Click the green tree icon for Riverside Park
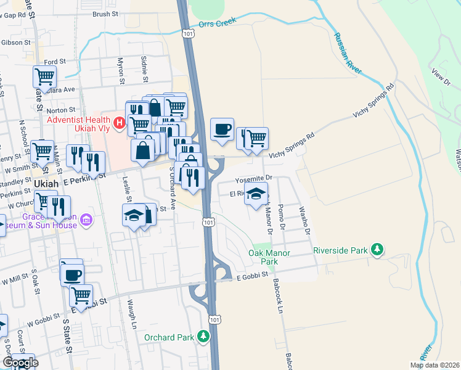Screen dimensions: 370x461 pyautogui.click(x=377, y=250)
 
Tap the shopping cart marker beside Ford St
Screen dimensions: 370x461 pyautogui.click(x=45, y=77)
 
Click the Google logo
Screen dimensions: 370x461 pyautogui.click(x=20, y=363)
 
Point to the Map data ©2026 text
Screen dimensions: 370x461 pyautogui.click(x=434, y=365)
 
